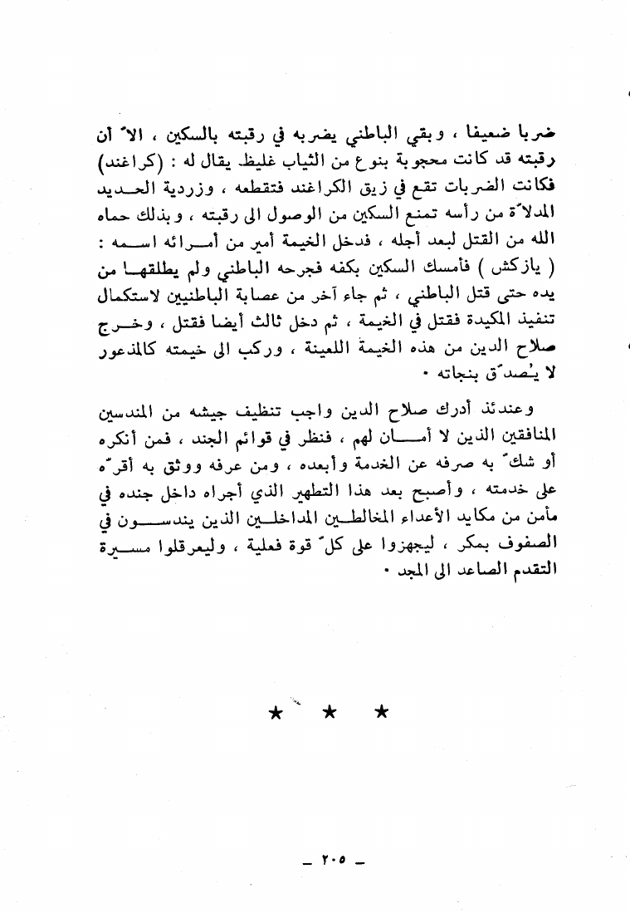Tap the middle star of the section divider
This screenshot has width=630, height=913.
pyautogui.click(x=329, y=712)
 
